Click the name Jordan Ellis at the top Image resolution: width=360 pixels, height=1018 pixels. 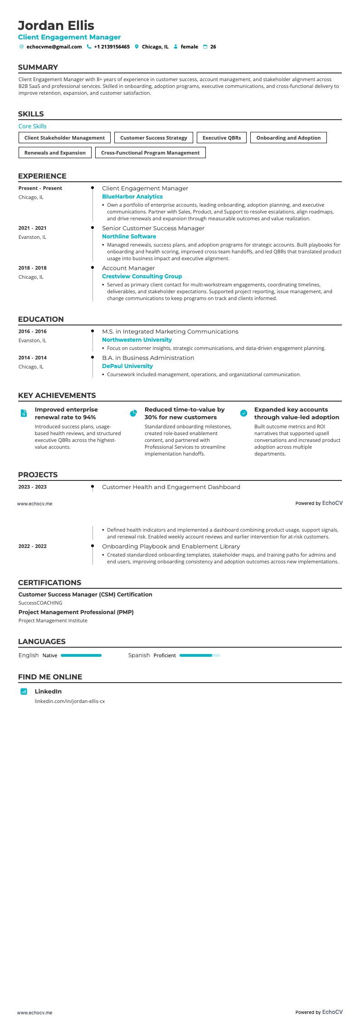pos(56,25)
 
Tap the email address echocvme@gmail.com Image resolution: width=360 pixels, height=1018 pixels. pos(54,47)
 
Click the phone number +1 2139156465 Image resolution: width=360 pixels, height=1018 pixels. pos(112,47)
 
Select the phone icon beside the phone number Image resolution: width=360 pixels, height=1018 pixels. pos(89,47)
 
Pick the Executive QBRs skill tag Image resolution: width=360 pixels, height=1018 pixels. pos(222,138)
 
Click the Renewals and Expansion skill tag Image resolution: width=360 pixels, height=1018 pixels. pos(55,153)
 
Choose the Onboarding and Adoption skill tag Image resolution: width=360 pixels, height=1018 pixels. pos(288,138)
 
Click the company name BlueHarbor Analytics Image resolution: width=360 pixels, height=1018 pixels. pos(132,197)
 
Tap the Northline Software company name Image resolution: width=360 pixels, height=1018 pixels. pos(129,237)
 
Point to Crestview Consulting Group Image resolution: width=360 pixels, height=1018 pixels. pos(142,276)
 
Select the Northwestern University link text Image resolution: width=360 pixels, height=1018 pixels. pos(137,340)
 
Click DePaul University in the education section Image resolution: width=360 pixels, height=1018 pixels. pos(127,366)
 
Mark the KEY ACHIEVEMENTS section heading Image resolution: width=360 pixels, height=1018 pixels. pos(57,395)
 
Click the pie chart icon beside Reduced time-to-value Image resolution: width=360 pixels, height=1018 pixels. pos(133,413)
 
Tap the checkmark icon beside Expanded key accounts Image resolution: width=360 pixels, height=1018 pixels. pos(243,413)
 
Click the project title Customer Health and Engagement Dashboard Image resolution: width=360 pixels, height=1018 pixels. pos(171,487)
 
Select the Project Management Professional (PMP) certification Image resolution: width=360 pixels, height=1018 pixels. pos(76,612)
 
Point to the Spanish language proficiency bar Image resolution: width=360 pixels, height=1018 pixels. pos(199,655)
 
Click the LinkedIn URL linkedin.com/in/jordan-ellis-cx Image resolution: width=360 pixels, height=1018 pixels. pos(70,701)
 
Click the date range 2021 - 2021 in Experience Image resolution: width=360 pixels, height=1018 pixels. pos(32,228)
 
